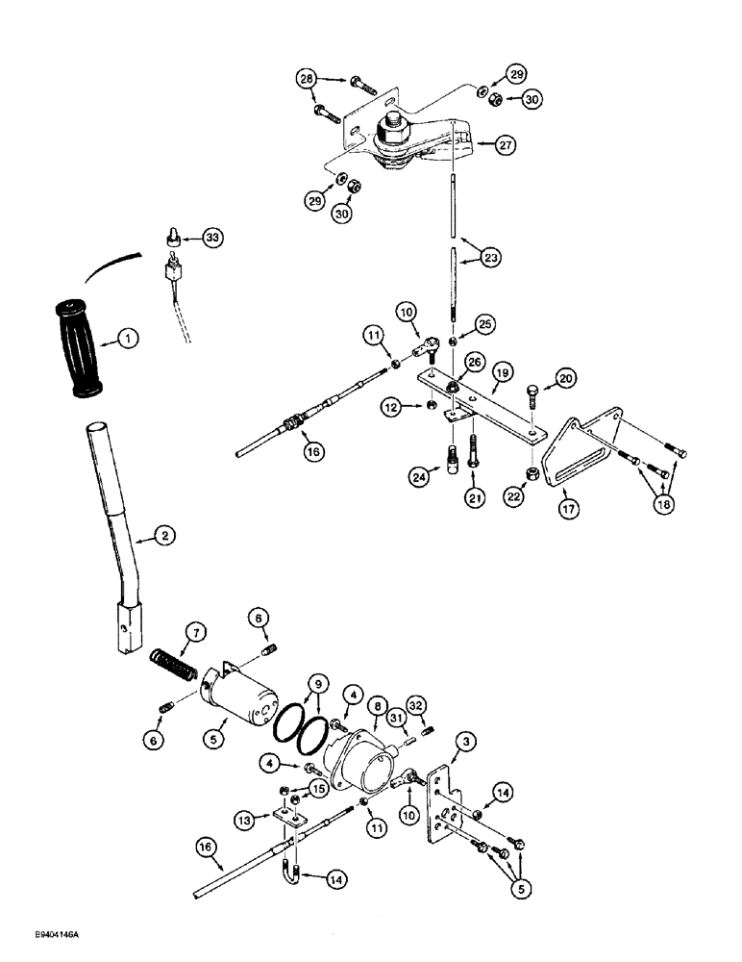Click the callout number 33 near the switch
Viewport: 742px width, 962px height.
click(212, 237)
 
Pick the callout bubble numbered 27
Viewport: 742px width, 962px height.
click(507, 144)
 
